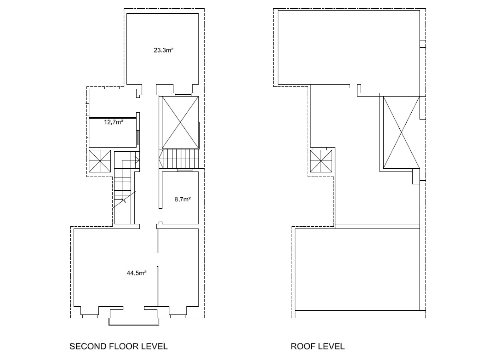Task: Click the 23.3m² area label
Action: pos(163,51)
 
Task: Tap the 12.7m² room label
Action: pos(113,122)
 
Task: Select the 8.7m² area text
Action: pos(182,199)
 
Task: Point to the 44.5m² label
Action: pos(137,273)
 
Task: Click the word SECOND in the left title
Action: pos(88,346)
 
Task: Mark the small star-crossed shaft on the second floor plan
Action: pos(99,161)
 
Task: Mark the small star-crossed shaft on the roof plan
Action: pos(321,161)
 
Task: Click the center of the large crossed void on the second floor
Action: pos(180,122)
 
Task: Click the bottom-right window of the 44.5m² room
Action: pos(177,316)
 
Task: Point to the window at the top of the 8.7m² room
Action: pos(185,170)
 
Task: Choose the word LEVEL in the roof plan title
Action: pos(331,346)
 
